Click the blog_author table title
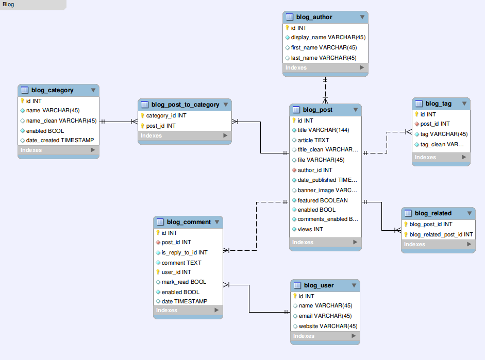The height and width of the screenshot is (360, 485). tap(314, 17)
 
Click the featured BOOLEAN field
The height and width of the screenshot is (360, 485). tap(322, 200)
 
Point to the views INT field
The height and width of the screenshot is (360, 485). tap(310, 229)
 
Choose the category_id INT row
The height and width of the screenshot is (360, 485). tap(166, 116)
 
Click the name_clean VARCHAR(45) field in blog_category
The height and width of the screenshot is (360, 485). tap(61, 121)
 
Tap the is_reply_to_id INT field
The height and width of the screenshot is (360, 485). tap(184, 252)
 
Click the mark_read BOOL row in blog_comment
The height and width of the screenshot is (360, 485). tap(183, 282)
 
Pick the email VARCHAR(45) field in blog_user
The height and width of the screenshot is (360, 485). tap(325, 316)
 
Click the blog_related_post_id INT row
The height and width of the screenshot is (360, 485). tap(441, 234)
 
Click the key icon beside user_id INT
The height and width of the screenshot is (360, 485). tap(158, 272)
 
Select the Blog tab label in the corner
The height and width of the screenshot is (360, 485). tap(8, 5)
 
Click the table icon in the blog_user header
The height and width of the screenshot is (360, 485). tap(297, 285)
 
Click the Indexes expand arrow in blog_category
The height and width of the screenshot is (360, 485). tap(93, 150)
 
